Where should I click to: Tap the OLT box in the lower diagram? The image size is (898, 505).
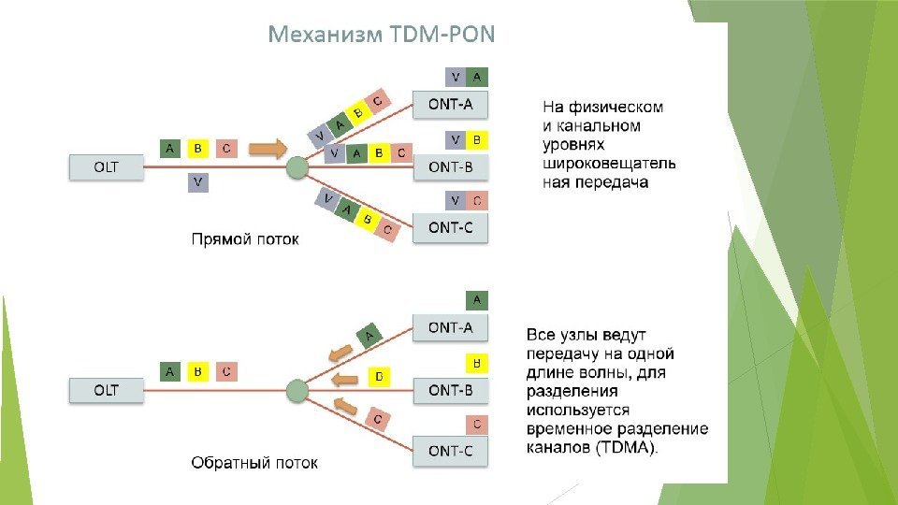[x=107, y=391]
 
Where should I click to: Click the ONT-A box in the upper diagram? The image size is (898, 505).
[x=450, y=105]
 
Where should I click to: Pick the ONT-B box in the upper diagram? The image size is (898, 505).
[x=450, y=168]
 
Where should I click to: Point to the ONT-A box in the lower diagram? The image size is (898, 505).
[x=450, y=327]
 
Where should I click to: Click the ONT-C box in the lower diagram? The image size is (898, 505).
[x=450, y=452]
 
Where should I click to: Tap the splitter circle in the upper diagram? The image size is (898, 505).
[x=297, y=168]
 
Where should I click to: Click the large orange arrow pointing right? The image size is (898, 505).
[x=269, y=148]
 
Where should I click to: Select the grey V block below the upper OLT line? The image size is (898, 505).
[x=197, y=181]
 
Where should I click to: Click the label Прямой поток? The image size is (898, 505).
[x=245, y=240]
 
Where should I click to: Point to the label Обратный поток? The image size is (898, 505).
[x=254, y=463]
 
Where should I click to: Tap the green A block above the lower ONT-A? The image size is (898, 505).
[x=476, y=300]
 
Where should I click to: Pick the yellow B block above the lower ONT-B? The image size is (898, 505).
[x=476, y=362]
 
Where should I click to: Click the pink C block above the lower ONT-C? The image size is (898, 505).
[x=476, y=425]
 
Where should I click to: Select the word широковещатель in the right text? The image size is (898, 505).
[x=609, y=164]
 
